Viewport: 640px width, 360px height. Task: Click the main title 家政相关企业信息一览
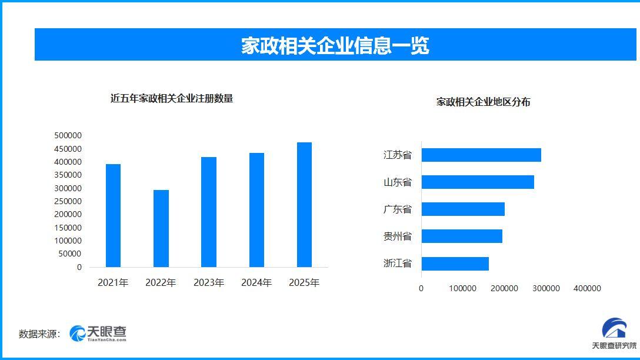point(335,45)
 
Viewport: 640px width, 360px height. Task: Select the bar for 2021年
point(113,215)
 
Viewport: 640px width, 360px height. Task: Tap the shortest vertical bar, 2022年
point(161,228)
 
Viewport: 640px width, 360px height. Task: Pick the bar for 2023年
point(209,212)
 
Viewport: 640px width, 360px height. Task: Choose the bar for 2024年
point(256,210)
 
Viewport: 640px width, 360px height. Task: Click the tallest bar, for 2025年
point(304,205)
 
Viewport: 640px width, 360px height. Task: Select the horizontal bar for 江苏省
point(481,155)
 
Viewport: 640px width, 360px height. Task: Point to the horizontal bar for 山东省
point(477,182)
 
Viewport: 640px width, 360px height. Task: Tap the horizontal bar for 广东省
point(462,209)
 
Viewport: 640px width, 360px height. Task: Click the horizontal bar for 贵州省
point(461,236)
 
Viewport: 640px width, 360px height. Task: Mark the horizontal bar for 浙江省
point(455,264)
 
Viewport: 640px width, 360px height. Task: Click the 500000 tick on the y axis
point(68,135)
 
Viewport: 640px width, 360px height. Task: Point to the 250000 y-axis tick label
point(68,201)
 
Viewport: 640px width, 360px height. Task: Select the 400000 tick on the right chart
point(587,288)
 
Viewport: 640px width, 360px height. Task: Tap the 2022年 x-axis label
point(161,283)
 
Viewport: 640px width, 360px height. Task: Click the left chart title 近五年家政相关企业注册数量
point(172,99)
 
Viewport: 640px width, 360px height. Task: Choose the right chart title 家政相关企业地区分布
point(483,102)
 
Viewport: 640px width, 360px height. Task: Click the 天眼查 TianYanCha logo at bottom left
point(98,334)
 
